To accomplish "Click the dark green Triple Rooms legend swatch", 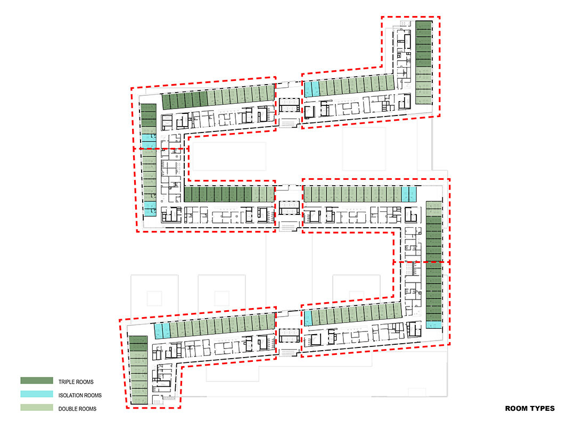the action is click(37, 381).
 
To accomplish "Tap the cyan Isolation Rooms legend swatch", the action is click(37, 394).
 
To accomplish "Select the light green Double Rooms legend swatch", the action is click(37, 408).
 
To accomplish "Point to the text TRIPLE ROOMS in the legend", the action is click(76, 382).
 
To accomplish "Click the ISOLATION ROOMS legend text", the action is click(80, 395).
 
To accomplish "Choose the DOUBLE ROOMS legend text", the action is click(77, 409).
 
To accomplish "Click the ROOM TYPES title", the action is click(530, 408).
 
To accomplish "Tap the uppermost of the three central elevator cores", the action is click(289, 105).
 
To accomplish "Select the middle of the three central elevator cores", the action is click(289, 208).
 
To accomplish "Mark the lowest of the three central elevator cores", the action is click(289, 336).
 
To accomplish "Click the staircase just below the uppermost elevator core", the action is click(289, 122).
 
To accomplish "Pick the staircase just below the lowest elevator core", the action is click(289, 353).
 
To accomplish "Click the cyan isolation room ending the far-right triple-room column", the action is click(434, 325).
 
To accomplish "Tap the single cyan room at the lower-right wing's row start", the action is click(308, 318).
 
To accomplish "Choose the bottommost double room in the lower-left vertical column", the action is click(138, 400).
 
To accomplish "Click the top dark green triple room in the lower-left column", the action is click(138, 339).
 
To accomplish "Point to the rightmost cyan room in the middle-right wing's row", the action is click(413, 194).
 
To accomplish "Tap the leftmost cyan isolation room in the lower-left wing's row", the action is click(158, 331).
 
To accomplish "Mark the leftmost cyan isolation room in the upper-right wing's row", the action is click(308, 89).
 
